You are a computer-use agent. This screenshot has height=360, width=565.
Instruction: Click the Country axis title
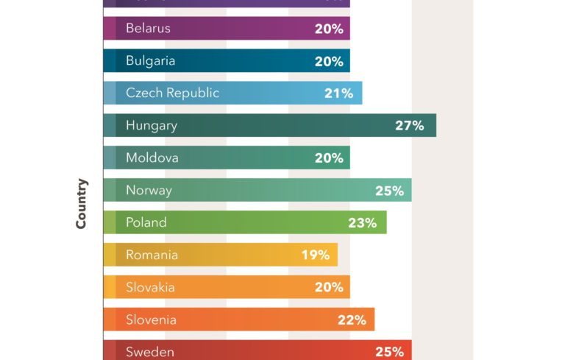(x=82, y=203)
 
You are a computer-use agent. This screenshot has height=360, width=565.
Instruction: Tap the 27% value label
(x=409, y=125)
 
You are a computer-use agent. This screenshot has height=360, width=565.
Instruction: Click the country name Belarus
(x=148, y=28)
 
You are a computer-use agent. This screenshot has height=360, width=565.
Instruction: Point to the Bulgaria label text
(x=150, y=60)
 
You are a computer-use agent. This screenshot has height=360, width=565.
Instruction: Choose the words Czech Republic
(x=172, y=93)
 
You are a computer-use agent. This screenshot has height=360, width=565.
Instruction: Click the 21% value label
(x=338, y=93)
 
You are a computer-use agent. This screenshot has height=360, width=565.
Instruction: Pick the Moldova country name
(x=152, y=158)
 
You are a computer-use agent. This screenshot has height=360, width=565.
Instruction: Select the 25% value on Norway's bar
(x=389, y=191)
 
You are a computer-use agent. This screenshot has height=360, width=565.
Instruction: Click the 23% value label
(x=363, y=222)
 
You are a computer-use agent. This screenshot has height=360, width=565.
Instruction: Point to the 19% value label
(x=315, y=255)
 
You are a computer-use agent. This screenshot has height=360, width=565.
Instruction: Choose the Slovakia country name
(x=150, y=287)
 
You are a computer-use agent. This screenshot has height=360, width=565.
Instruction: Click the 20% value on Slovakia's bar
(x=329, y=287)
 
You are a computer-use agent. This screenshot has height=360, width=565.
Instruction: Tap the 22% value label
(x=352, y=320)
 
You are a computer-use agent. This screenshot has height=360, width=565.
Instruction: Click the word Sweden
(x=150, y=352)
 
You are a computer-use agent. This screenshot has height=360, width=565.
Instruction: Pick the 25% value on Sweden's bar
(x=389, y=352)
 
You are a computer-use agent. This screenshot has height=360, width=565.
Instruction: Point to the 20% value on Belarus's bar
(x=329, y=28)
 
